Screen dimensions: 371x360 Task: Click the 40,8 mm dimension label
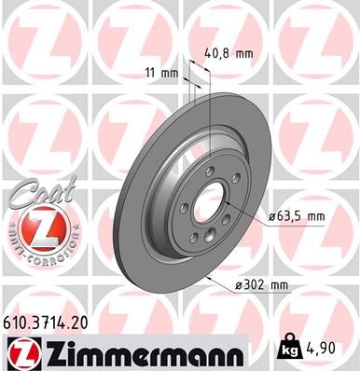click(x=229, y=53)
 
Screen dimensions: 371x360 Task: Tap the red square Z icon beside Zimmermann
click(x=21, y=351)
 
